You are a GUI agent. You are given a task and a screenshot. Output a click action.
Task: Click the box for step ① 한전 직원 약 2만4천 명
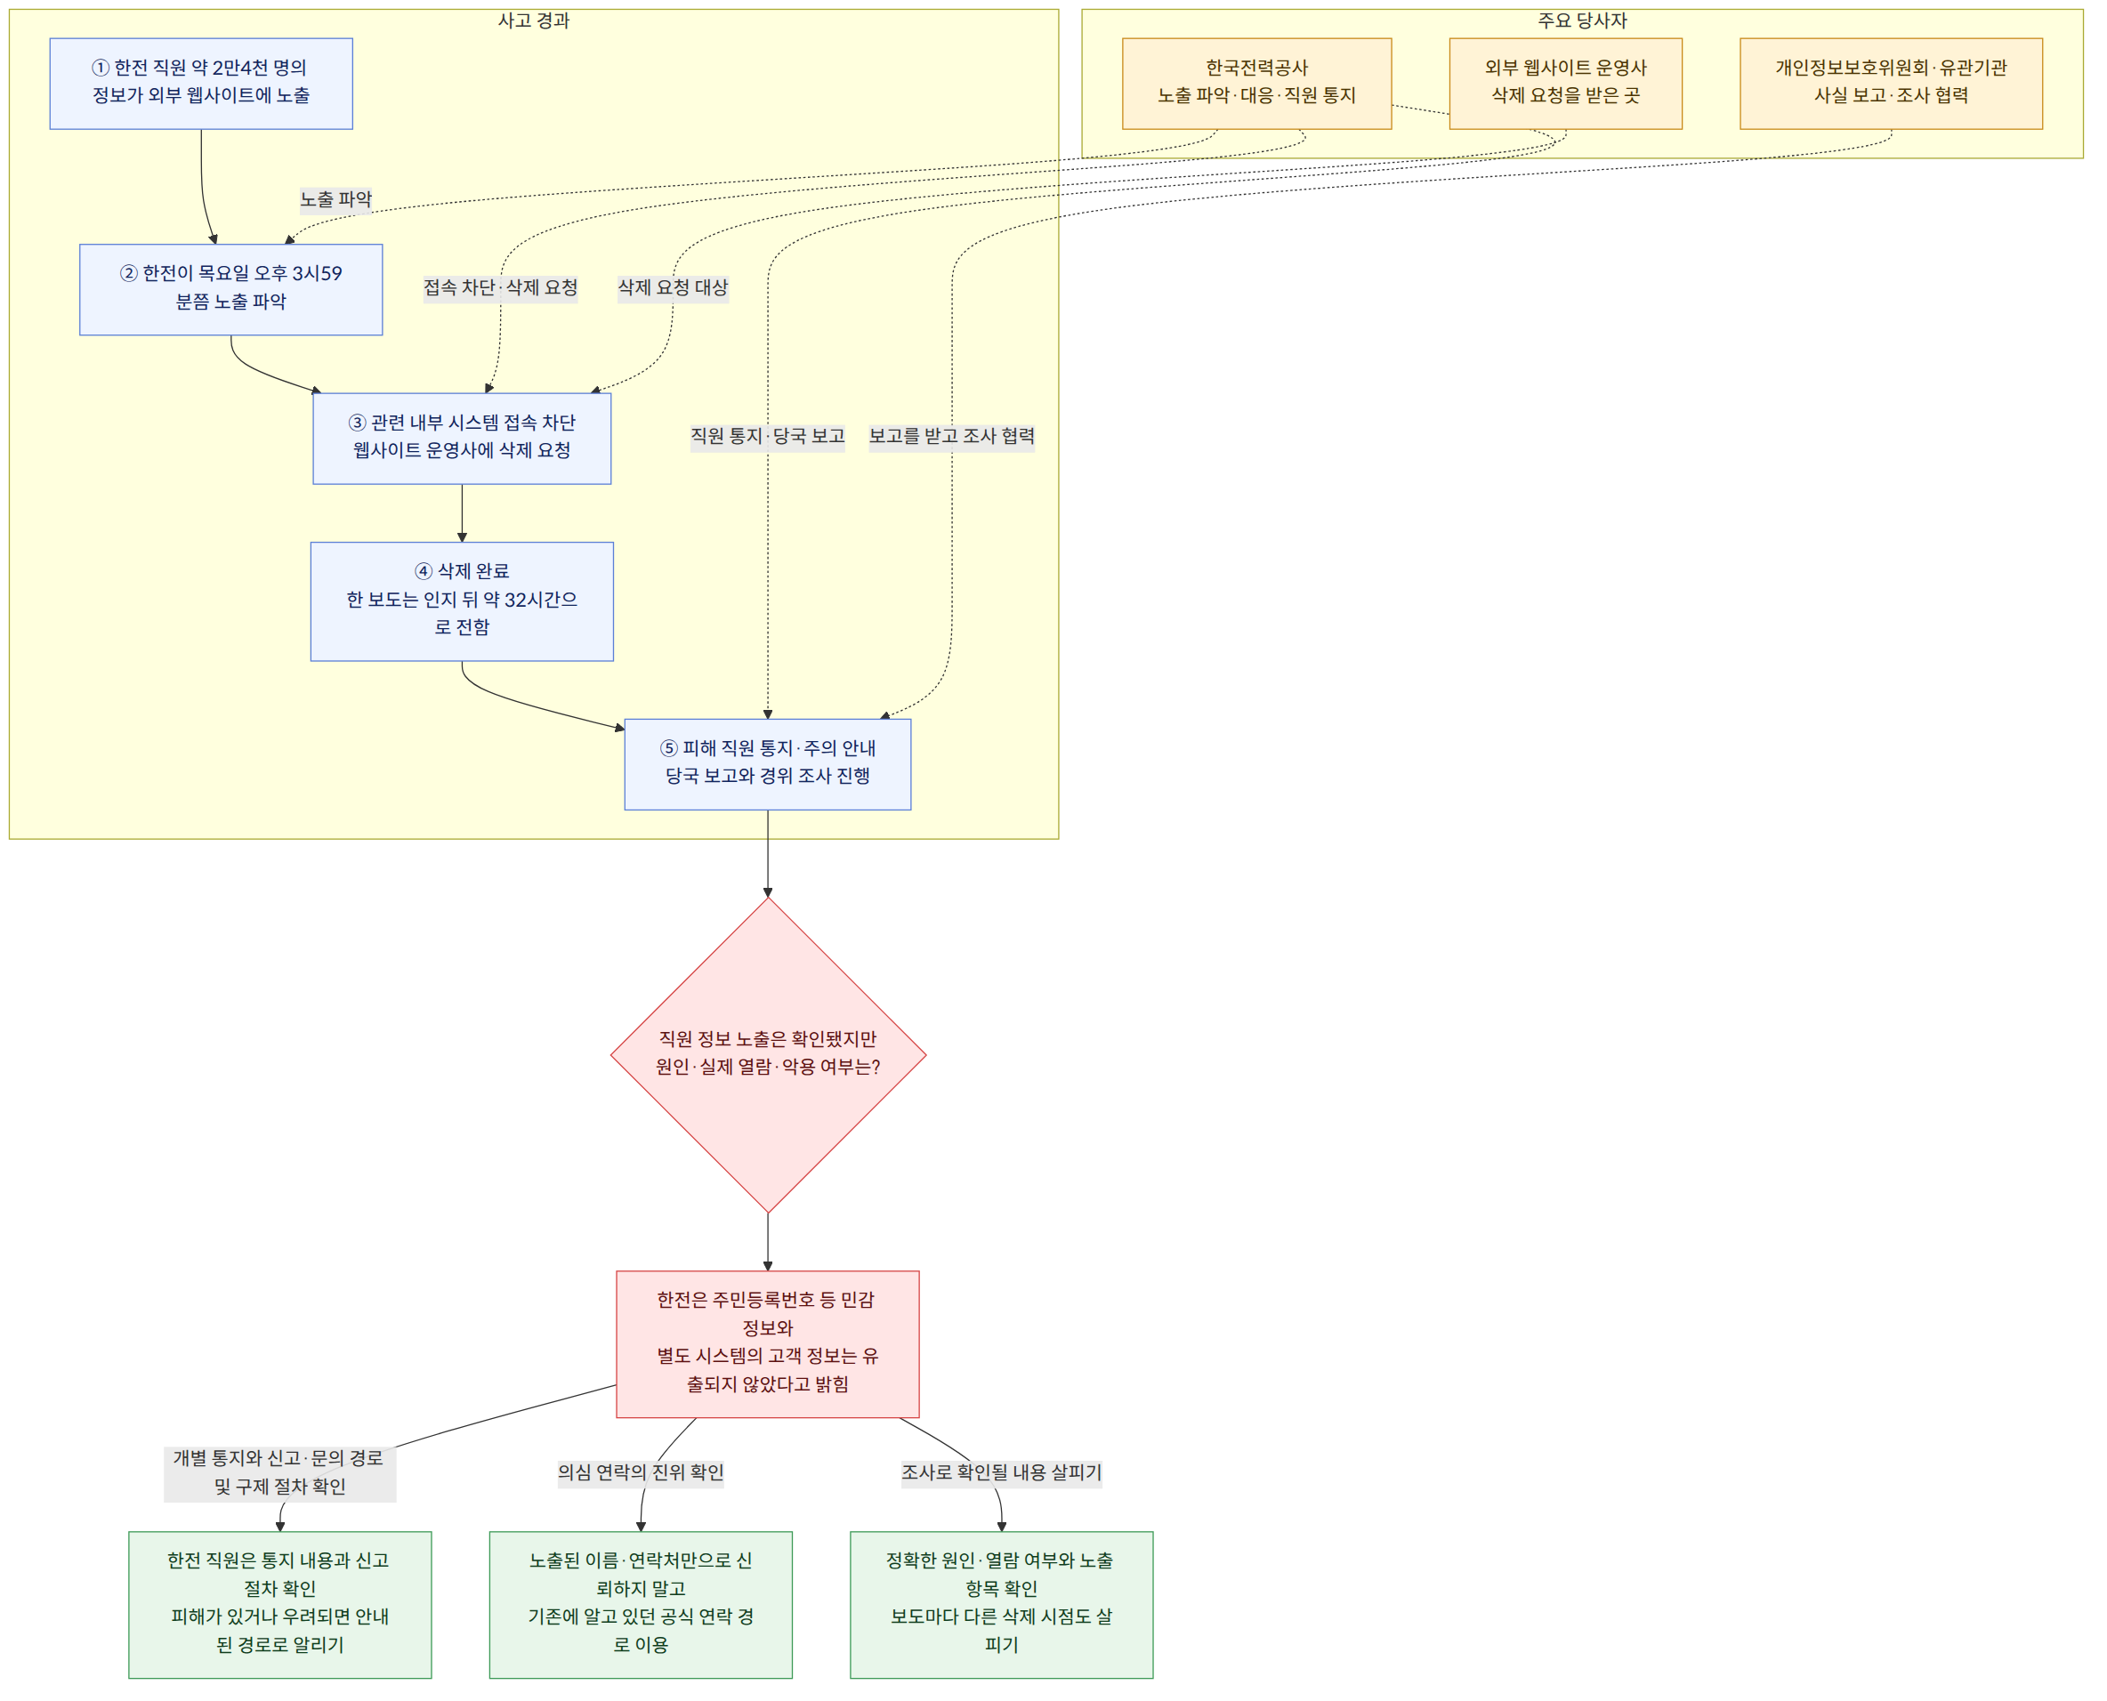click(201, 84)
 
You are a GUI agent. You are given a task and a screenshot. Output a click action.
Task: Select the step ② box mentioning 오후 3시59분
click(230, 289)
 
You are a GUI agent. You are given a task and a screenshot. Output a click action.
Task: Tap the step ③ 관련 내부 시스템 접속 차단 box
click(462, 438)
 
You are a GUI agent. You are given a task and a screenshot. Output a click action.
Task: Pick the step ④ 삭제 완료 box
click(462, 601)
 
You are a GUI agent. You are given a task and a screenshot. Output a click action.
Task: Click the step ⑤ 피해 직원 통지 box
click(767, 764)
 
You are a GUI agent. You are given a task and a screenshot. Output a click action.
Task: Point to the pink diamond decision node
click(767, 1054)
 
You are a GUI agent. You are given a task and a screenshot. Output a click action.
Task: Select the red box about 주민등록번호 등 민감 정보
click(767, 1343)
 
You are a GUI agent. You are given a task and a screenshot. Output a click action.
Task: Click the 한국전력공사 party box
click(1256, 84)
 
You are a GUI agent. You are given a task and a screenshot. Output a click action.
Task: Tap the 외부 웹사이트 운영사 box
click(1565, 84)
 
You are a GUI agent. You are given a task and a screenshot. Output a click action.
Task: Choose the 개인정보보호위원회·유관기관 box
click(1891, 84)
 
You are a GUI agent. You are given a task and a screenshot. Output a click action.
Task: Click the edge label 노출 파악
click(336, 200)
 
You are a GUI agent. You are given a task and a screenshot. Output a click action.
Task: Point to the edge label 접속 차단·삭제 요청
click(500, 288)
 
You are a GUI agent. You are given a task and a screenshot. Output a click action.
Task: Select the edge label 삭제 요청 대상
click(673, 288)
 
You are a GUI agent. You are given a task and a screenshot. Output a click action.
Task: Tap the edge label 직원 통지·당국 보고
click(767, 436)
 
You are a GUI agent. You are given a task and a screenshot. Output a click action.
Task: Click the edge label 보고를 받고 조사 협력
click(951, 436)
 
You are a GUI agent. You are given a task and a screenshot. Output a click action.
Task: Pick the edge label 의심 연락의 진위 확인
click(641, 1471)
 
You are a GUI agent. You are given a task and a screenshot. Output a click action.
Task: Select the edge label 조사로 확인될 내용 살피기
click(1002, 1471)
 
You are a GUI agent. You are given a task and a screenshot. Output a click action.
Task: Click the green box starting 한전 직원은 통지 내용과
click(279, 1604)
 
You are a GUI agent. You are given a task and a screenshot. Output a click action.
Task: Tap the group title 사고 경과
click(533, 20)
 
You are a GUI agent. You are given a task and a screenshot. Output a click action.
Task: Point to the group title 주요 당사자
click(1582, 20)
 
